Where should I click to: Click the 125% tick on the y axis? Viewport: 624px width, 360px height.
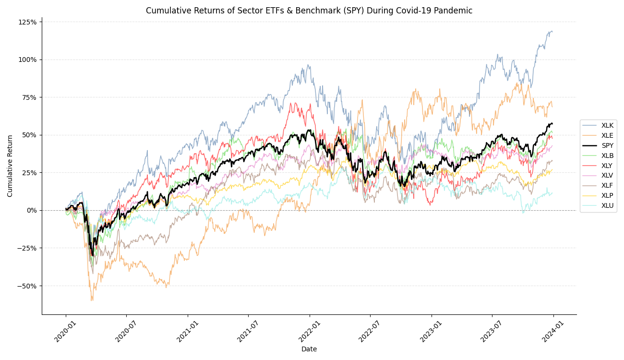coord(27,22)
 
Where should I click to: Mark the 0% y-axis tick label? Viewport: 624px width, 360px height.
coord(31,210)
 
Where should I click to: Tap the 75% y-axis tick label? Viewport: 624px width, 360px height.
coord(29,97)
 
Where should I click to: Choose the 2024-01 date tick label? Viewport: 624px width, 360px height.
coord(553,331)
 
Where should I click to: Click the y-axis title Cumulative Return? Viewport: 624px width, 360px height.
coord(10,166)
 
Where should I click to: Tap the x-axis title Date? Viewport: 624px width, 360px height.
coord(309,349)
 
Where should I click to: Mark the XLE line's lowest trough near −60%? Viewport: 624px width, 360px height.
coord(92,300)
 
